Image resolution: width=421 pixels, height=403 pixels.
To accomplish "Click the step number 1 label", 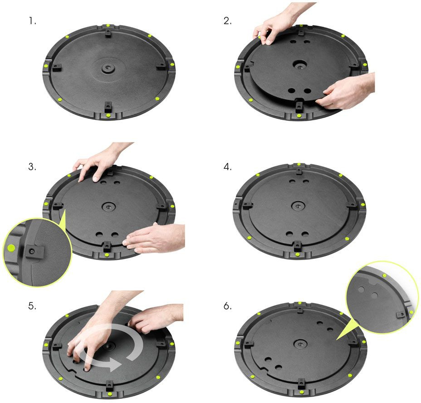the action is [x=33, y=21].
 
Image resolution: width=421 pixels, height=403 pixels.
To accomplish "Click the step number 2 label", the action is [x=227, y=21].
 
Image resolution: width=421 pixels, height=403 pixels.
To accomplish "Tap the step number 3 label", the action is [x=32, y=167].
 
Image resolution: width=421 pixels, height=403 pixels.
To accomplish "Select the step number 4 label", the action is [x=227, y=167].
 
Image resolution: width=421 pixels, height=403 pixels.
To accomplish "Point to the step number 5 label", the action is [x=32, y=306].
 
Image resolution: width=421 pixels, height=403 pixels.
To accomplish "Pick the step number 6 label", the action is [x=227, y=306].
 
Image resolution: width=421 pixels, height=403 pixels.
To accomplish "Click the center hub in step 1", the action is [x=108, y=68].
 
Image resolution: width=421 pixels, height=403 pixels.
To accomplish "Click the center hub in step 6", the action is [x=299, y=344].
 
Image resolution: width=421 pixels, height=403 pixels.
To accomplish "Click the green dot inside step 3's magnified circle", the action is [x=11, y=248].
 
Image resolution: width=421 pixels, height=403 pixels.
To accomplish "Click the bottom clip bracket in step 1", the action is [x=108, y=107].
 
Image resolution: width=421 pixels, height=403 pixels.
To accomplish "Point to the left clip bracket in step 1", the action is [x=57, y=68].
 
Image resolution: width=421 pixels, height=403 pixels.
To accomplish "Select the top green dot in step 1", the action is [x=108, y=25].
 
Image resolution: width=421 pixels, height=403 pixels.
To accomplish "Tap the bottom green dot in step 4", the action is [x=297, y=254].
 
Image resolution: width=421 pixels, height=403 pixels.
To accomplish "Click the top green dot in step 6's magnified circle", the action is [x=385, y=275].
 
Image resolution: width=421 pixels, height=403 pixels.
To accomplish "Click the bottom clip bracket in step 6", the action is [x=302, y=382].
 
